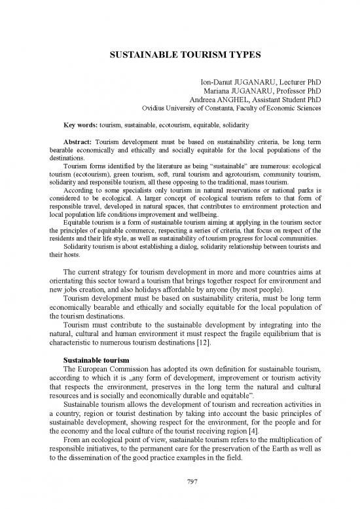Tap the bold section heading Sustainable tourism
coord(95,360)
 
